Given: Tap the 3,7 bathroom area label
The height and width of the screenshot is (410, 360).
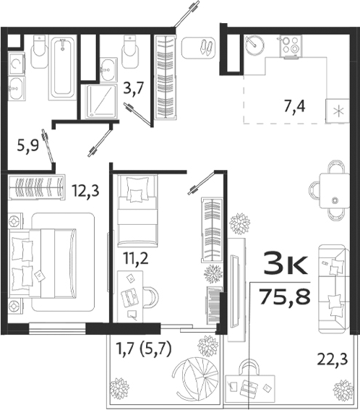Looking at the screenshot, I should (x=133, y=90).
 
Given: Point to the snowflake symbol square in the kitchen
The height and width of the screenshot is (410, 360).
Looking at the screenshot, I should (x=339, y=112).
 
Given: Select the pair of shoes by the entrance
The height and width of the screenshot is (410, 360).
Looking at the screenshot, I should (x=204, y=46).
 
